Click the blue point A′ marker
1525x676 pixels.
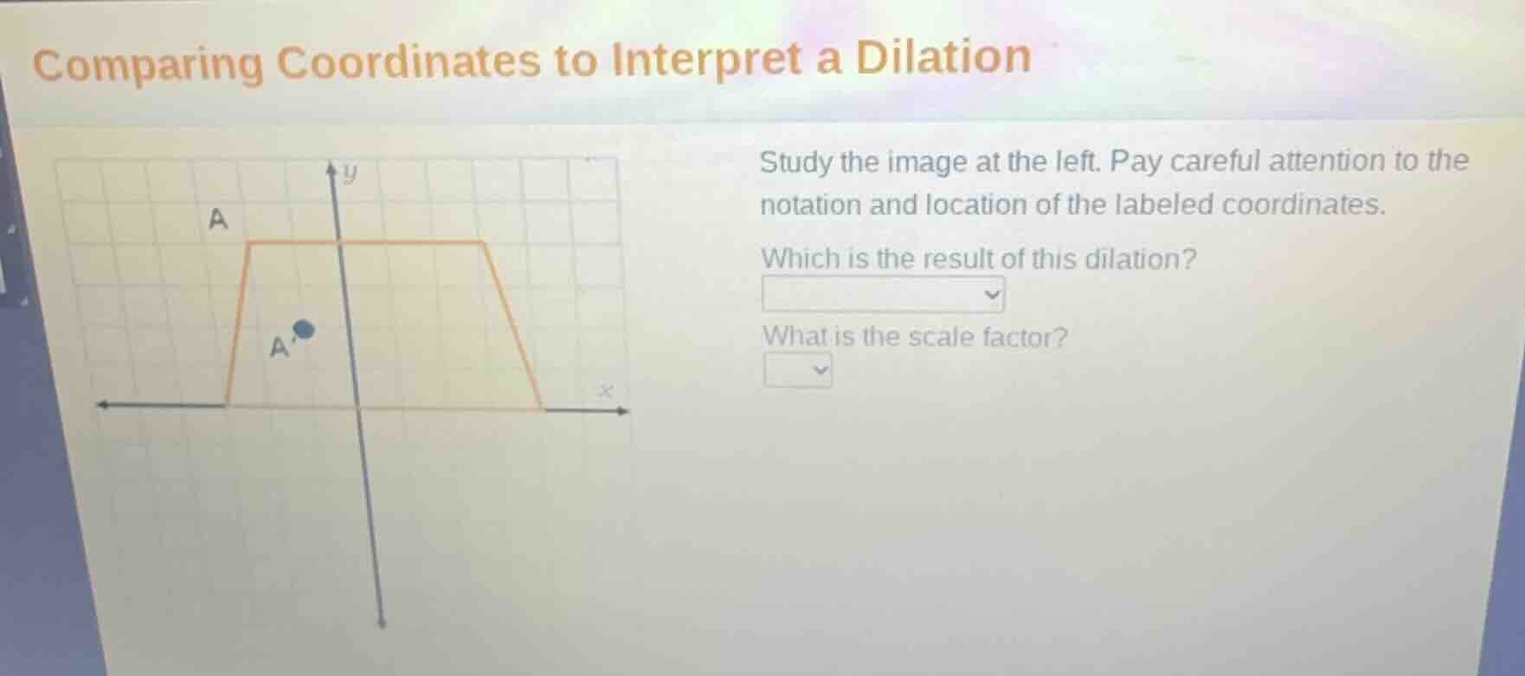303,329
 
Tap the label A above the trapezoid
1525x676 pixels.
218,220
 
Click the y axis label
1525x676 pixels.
349,175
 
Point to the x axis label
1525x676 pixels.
607,391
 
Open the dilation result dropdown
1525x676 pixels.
883,294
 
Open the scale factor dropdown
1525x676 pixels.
797,370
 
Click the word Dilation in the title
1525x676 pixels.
943,57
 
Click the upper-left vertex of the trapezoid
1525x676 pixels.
249,244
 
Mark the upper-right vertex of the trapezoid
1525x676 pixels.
484,242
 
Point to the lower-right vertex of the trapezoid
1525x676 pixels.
543,408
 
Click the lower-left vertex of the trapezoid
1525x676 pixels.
227,404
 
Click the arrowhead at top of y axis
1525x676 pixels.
331,171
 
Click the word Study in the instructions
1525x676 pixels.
795,163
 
